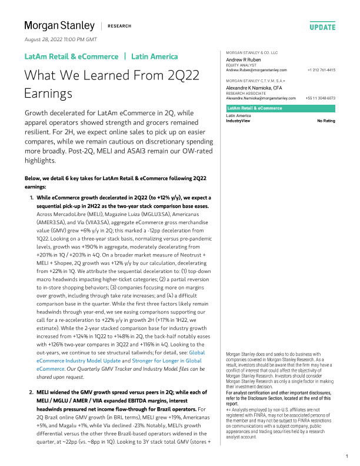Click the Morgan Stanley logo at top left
point(59,25)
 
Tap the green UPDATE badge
point(322,27)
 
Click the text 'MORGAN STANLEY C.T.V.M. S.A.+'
point(252,81)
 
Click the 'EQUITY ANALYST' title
point(241,65)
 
